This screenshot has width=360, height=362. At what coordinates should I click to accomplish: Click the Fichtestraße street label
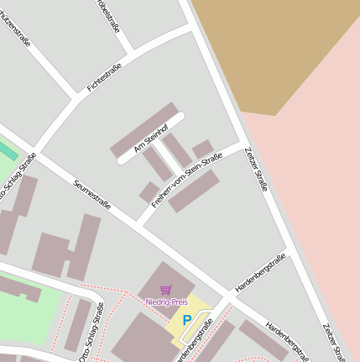[x=104, y=77]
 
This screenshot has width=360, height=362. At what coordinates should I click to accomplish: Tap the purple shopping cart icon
[x=165, y=290]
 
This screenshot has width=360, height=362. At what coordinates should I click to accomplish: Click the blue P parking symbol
[x=186, y=319]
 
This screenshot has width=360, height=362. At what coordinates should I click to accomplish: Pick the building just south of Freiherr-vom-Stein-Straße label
[x=194, y=191]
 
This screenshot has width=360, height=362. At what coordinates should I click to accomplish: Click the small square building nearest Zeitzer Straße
[x=202, y=150]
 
